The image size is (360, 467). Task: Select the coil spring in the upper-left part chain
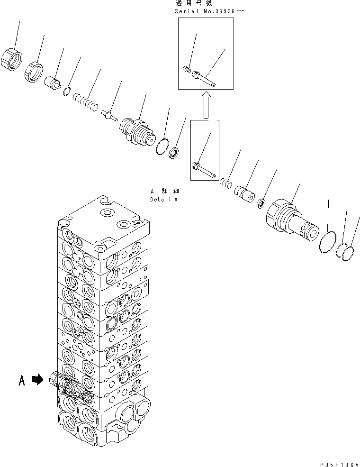click(x=86, y=102)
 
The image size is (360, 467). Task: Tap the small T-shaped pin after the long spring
click(x=110, y=115)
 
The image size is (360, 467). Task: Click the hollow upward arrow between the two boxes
click(x=205, y=105)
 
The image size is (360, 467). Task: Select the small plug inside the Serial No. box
click(x=187, y=70)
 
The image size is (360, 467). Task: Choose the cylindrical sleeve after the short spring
click(x=245, y=192)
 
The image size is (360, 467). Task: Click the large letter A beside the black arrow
click(x=22, y=380)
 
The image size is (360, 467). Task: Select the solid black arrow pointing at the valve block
click(x=37, y=379)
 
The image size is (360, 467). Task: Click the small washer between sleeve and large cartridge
click(x=261, y=204)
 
